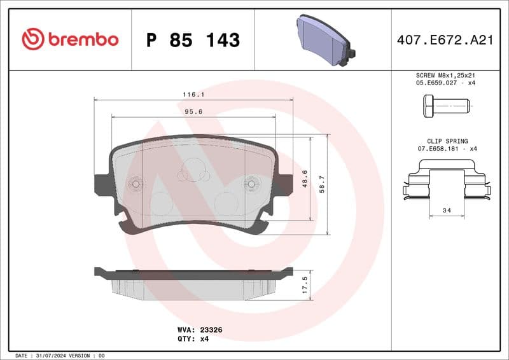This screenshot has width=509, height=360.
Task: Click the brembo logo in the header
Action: pyautogui.click(x=70, y=39)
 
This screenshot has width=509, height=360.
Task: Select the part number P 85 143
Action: pyautogui.click(x=193, y=40)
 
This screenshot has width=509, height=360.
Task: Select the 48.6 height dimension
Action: pyautogui.click(x=305, y=179)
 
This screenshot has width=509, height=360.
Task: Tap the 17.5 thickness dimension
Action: pyautogui.click(x=305, y=284)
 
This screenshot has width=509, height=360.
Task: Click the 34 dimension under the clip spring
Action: pyautogui.click(x=447, y=210)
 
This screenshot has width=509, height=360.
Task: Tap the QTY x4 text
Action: pyautogui.click(x=199, y=339)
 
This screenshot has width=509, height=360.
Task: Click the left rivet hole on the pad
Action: pyautogui.click(x=136, y=184)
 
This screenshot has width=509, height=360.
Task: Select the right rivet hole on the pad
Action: pyautogui.click(x=251, y=184)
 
